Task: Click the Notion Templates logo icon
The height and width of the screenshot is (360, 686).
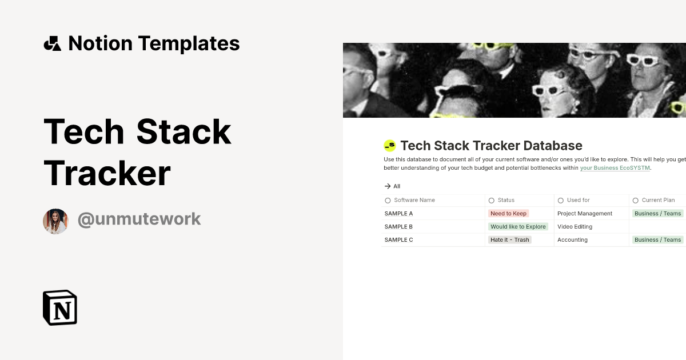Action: pyautogui.click(x=52, y=43)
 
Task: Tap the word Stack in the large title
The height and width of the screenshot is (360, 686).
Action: pyautogui.click(x=184, y=131)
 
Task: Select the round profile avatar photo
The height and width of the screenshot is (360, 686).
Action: pyautogui.click(x=55, y=221)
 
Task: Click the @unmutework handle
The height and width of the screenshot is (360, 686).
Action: pyautogui.click(x=139, y=219)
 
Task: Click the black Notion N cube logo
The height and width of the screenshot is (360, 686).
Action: pyautogui.click(x=60, y=307)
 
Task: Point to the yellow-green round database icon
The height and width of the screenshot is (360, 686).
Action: pyautogui.click(x=390, y=146)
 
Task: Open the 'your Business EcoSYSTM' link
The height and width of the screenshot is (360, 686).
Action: pyautogui.click(x=615, y=168)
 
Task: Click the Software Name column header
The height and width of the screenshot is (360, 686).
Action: pyautogui.click(x=414, y=200)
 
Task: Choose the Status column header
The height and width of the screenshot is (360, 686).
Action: pyautogui.click(x=506, y=200)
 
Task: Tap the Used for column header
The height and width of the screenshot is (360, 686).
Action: pyautogui.click(x=578, y=200)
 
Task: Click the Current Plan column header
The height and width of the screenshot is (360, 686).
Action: pyautogui.click(x=658, y=200)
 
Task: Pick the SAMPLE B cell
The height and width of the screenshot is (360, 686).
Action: pyautogui.click(x=398, y=226)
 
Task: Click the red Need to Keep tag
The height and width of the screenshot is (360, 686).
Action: pyautogui.click(x=508, y=213)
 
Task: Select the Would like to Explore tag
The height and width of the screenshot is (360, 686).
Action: pyautogui.click(x=518, y=226)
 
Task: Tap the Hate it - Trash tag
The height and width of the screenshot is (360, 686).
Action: pyautogui.click(x=509, y=239)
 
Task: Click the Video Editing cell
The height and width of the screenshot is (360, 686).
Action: pyautogui.click(x=575, y=226)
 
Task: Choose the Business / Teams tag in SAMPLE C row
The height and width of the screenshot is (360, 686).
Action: pyautogui.click(x=658, y=239)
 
